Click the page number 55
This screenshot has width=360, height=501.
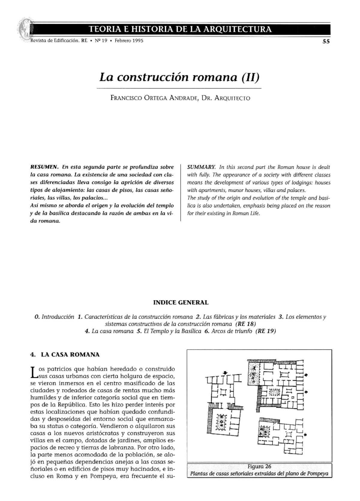click(x=326, y=42)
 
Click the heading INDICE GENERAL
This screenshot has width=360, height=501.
click(x=181, y=302)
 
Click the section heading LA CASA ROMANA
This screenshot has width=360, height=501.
click(x=70, y=355)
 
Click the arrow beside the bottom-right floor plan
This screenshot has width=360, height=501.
click(x=305, y=434)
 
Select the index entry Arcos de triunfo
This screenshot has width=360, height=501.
click(x=231, y=331)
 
